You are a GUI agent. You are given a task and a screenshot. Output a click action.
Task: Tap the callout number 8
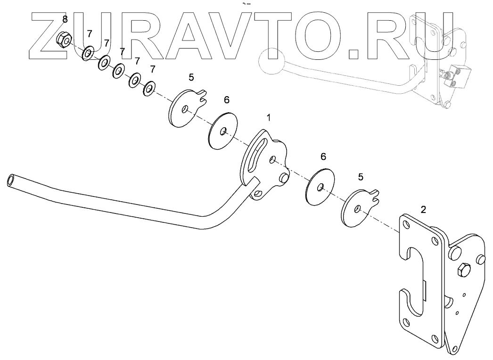(x=65, y=19)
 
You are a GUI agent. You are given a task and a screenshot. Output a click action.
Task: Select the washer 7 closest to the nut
(x=88, y=54)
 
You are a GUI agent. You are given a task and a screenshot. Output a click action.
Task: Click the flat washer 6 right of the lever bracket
(x=320, y=187)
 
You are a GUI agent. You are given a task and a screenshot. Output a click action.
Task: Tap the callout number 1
(x=269, y=117)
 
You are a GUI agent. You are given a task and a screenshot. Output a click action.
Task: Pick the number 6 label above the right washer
(x=323, y=156)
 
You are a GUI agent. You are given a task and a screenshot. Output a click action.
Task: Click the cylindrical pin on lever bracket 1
(x=284, y=178)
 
